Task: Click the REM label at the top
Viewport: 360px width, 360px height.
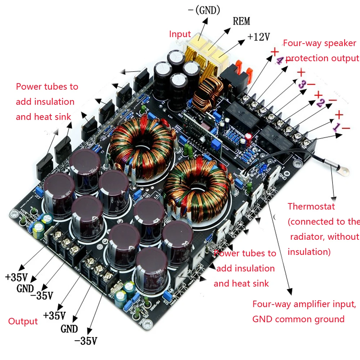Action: tap(241, 21)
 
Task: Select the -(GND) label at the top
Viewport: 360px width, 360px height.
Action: tap(204, 10)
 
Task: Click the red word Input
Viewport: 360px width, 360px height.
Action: tap(180, 34)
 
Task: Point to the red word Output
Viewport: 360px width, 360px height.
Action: tap(23, 321)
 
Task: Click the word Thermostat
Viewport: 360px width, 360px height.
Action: tap(311, 207)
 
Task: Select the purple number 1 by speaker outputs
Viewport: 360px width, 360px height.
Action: tap(336, 127)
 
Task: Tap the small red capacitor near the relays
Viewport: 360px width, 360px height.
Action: tap(249, 138)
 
